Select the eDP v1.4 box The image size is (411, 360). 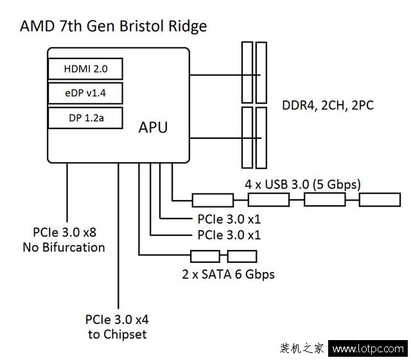85,94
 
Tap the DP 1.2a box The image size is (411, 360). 85,118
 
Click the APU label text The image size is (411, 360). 153,127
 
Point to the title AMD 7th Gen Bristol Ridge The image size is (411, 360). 114,26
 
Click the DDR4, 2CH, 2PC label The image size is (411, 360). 328,105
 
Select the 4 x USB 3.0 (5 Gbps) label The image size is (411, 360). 303,184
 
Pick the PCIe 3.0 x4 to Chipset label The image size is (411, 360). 116,327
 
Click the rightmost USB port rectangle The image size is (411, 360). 380,199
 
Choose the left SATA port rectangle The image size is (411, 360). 205,256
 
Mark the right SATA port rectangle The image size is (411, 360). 241,256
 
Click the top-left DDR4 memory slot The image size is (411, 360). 248,71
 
